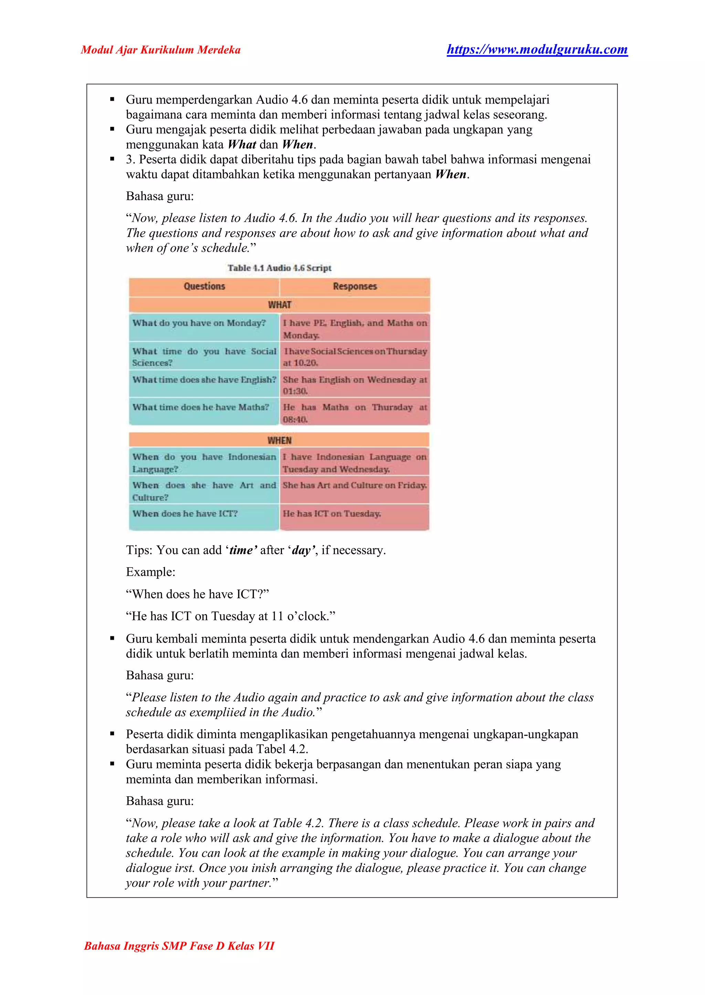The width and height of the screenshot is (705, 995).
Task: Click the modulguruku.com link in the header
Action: click(537, 50)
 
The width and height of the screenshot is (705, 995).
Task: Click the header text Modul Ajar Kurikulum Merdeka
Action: click(161, 50)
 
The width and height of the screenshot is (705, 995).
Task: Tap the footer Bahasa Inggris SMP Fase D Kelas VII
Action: click(179, 945)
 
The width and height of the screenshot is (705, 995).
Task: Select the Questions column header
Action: click(204, 286)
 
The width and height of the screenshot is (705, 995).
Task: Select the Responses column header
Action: click(355, 286)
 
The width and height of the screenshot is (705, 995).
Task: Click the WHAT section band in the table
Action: click(279, 304)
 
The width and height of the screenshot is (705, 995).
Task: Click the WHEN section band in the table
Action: click(279, 440)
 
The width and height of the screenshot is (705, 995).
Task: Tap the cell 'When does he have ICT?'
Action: click(185, 513)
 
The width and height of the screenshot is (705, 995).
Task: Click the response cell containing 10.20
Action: click(355, 357)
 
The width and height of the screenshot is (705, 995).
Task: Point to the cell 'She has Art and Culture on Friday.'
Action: click(355, 485)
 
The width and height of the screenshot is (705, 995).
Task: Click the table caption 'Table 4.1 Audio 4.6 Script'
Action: click(279, 268)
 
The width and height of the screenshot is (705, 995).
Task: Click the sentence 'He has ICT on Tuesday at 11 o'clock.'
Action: click(231, 616)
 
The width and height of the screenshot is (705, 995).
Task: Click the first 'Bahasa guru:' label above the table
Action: click(160, 196)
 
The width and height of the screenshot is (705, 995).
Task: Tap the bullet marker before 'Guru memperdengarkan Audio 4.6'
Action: click(112, 99)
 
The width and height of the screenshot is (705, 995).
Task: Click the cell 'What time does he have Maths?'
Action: click(201, 407)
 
